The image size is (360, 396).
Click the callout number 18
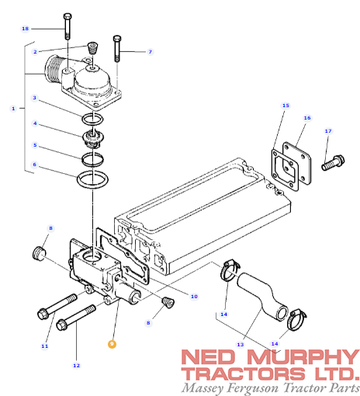coord(25,29)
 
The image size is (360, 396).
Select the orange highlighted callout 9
coord(112,344)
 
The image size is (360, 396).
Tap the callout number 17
coord(328,131)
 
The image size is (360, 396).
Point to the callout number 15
coord(286,106)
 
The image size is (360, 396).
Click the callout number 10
coord(194,297)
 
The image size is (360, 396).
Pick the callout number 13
coord(241,344)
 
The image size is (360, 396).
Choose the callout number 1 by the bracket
coord(13,109)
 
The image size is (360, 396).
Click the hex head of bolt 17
coord(339,160)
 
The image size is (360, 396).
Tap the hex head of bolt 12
coord(61,325)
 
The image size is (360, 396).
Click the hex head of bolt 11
coord(43,314)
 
